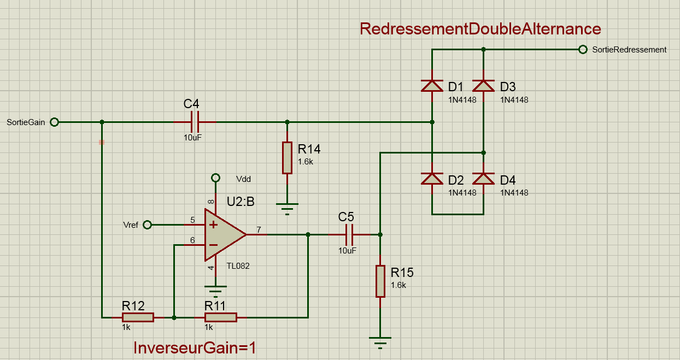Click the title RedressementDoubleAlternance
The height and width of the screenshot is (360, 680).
click(480, 29)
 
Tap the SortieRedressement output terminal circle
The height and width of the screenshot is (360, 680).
click(583, 50)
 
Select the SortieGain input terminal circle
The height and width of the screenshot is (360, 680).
click(54, 122)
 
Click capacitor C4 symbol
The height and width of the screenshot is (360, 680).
click(194, 122)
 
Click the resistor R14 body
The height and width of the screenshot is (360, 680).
click(287, 158)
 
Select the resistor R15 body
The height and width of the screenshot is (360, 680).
click(380, 281)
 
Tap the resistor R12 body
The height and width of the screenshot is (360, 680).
click(138, 317)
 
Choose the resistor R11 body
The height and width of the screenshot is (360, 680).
click(220, 317)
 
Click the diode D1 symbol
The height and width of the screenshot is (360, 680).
click(432, 86)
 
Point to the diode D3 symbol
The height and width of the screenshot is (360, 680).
click(484, 86)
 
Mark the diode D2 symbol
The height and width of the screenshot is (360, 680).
click(432, 179)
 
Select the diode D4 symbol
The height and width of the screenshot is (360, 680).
click(484, 179)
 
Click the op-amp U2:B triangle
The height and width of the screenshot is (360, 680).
click(223, 234)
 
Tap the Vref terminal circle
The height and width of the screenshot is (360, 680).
click(147, 225)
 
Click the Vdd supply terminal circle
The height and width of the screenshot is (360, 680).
click(216, 178)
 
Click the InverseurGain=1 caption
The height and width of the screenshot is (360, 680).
click(195, 347)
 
